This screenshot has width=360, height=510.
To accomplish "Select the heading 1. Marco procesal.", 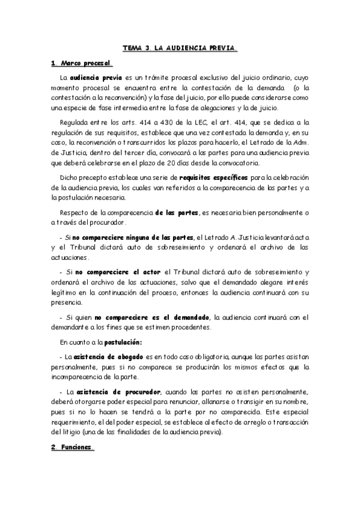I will coord(81,63).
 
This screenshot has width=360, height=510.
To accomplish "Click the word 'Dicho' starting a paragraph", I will coord(70,179).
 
